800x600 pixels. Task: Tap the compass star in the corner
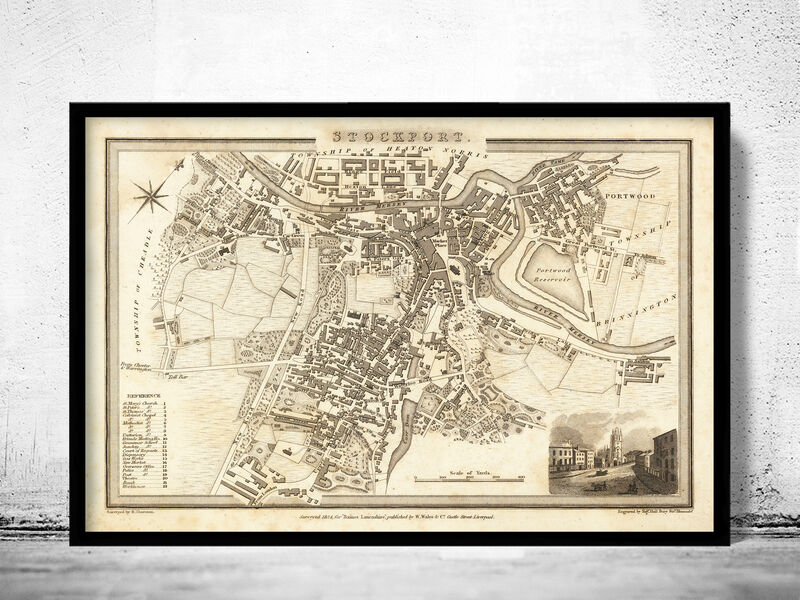pos(150,193)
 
